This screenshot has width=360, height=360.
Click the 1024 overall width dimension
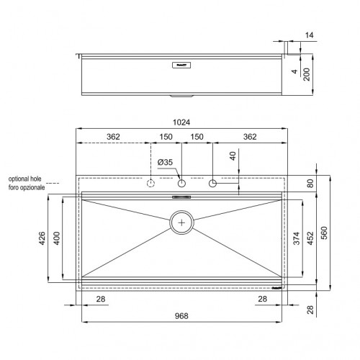click(x=182, y=124)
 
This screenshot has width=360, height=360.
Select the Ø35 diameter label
click(x=166, y=162)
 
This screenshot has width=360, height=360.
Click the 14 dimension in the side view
click(x=309, y=35)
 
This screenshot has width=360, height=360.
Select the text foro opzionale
click(x=27, y=187)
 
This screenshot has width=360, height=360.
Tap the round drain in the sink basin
click(x=182, y=222)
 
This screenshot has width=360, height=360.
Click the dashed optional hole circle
click(x=151, y=184)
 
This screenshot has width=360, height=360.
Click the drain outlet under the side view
click(x=182, y=96)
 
